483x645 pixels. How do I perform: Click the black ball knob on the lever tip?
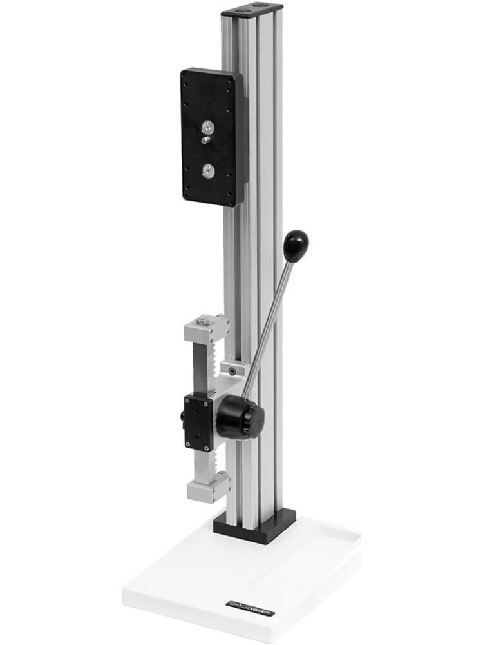(x=296, y=246)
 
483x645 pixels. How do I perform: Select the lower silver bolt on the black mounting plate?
(x=208, y=170)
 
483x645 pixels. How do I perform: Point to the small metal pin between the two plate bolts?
(x=205, y=140)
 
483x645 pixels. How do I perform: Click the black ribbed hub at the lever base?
(x=240, y=418)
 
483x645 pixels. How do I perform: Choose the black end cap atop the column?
(x=252, y=10)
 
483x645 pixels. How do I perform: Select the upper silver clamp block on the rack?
(x=206, y=329)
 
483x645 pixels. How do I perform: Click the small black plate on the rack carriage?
(x=198, y=423)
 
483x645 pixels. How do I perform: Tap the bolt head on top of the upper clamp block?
(x=204, y=321)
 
